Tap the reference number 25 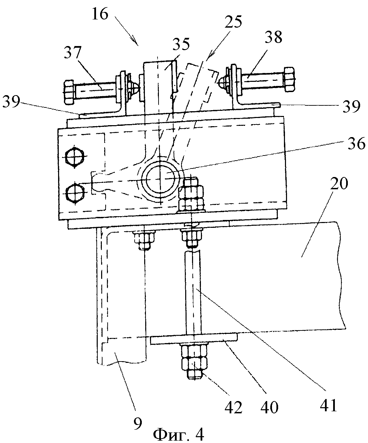tap(233, 21)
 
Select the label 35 tap(181, 45)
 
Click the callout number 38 tap(274, 37)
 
